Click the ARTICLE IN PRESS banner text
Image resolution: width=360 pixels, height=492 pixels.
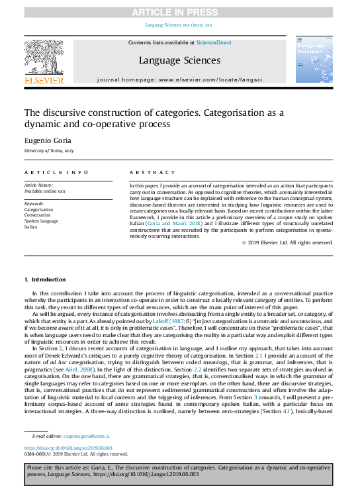pyautogui.click(x=179, y=12)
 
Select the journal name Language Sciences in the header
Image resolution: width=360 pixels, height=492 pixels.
pyautogui.click(x=179, y=60)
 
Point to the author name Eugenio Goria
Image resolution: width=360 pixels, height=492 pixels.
pyautogui.click(x=46, y=140)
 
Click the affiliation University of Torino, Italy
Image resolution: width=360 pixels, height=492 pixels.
pyautogui.click(x=50, y=152)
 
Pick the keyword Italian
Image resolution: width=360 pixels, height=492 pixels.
pyautogui.click(x=31, y=226)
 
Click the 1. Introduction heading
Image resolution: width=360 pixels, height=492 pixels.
pyautogui.click(x=45, y=279)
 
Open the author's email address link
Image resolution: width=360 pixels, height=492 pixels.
pyautogui.click(x=87, y=436)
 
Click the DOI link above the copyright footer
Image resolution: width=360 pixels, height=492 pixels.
pyautogui.click(x=63, y=448)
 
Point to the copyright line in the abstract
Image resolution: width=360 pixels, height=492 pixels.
pyautogui.click(x=269, y=243)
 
